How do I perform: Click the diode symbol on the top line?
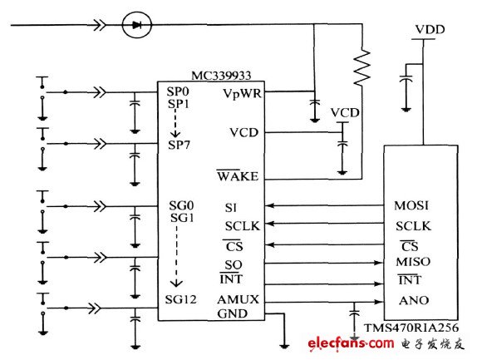pos(136,25)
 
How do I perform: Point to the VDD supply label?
pos(430,29)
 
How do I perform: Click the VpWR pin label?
pos(243,93)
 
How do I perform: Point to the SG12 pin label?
pos(180,299)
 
